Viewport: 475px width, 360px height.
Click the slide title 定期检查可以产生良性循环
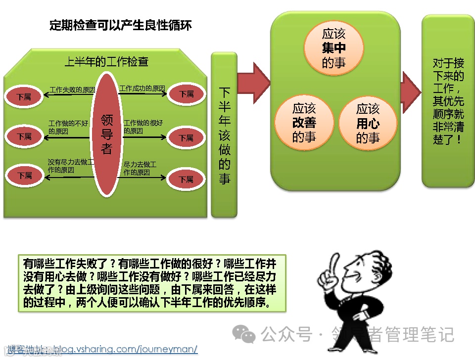[121, 25]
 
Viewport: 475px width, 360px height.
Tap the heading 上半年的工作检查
[106, 62]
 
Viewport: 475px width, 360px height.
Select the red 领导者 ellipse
[107, 134]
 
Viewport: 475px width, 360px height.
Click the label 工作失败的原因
[72, 90]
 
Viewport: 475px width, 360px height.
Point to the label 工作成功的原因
[142, 89]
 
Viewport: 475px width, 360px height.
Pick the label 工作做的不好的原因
[68, 127]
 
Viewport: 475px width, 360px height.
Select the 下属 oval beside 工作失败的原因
[24, 96]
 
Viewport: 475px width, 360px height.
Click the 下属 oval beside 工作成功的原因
[186, 93]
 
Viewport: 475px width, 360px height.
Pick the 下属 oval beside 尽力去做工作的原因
[186, 180]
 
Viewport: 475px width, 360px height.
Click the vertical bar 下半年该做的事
[224, 135]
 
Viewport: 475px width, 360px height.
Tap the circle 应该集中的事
[333, 48]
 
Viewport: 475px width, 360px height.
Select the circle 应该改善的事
[304, 122]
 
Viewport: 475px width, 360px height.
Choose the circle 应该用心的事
[368, 123]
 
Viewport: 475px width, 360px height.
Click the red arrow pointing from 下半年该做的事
[253, 79]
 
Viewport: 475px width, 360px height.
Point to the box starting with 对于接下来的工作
[448, 101]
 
